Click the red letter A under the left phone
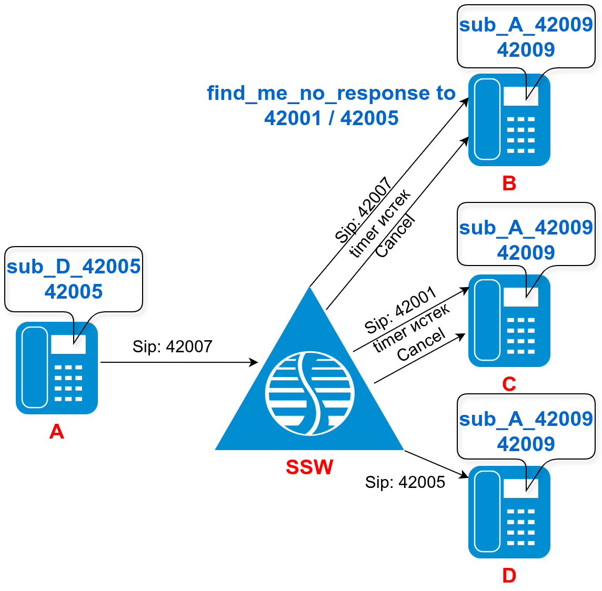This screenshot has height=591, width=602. coord(57,432)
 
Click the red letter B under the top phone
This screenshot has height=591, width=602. coord(509,184)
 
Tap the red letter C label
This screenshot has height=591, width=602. coord(509,384)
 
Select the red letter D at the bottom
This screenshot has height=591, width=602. coord(509,576)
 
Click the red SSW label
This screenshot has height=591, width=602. coord(309,467)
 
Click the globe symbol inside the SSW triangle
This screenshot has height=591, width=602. coord(309,393)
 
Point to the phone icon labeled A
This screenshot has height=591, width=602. coord(57,368)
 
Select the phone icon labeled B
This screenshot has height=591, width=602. coord(509,120)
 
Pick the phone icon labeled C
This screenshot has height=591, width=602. coord(509,321)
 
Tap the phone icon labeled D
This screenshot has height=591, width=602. coord(509,512)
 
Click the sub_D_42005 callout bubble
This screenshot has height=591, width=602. coord(74,279)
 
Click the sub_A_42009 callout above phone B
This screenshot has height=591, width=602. coord(526,37)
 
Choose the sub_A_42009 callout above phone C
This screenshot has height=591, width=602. coord(526,240)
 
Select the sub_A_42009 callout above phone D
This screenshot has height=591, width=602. coord(526,431)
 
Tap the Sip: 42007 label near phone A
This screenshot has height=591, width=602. coord(173,347)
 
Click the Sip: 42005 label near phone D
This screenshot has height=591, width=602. coord(405,482)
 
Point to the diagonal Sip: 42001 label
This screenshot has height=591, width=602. coord(400,310)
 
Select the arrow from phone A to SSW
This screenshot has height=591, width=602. coord(179,362)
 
